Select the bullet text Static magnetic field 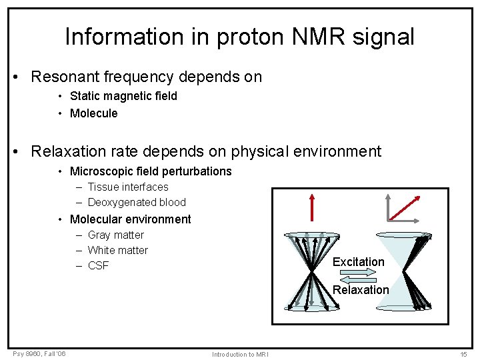coord(123,96)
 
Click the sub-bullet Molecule coord(93,113)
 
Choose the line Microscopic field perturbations coord(151,171)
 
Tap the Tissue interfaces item coord(128,187)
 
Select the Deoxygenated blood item coord(137,203)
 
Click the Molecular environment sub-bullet coord(130,219)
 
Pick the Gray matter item coord(115,235)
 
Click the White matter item coord(118,251)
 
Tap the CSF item coord(98,266)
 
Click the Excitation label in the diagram coord(359,262)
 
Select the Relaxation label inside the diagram coord(361,290)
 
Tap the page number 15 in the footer coord(464,354)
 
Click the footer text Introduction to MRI coord(240,354)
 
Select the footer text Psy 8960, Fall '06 coord(39,353)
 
